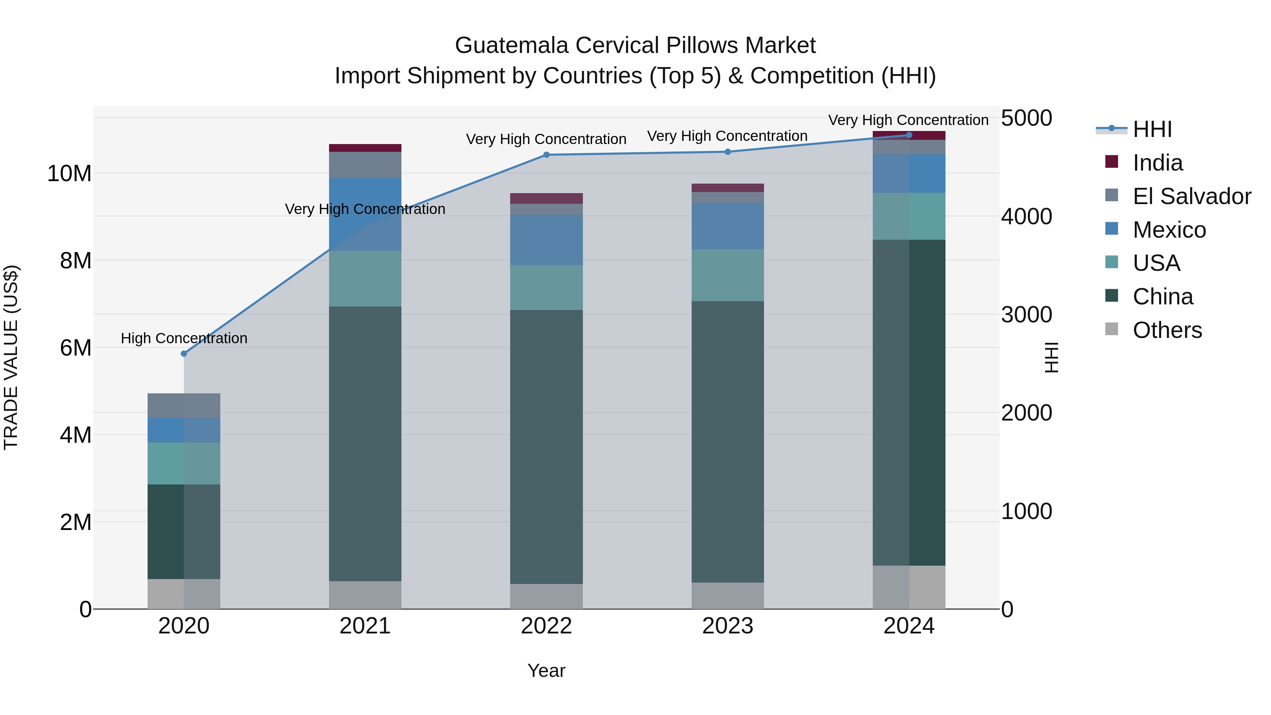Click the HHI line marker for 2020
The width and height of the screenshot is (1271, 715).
[x=184, y=353]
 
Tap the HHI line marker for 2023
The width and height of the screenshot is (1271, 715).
[x=728, y=152]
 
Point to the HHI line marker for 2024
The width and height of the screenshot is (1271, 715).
[x=909, y=135]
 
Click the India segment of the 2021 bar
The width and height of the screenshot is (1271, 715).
[x=365, y=148]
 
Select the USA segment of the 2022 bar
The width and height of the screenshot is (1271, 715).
[x=546, y=288]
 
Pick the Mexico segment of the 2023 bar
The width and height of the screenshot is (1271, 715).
[x=728, y=226]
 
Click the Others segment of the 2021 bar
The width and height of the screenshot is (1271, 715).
[x=365, y=595]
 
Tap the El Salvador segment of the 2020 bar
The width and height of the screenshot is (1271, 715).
[x=184, y=406]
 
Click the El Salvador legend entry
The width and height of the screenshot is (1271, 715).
[x=1191, y=196]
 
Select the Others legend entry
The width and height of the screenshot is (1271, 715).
[x=1167, y=330]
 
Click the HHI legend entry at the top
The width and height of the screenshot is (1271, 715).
[x=1152, y=129]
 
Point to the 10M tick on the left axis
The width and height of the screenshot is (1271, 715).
[x=69, y=174]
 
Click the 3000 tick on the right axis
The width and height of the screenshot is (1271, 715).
[x=1026, y=315]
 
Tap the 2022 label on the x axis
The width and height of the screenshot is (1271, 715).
[x=546, y=626]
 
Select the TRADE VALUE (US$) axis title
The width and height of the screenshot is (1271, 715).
[x=11, y=357]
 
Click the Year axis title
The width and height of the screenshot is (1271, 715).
[x=546, y=671]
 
